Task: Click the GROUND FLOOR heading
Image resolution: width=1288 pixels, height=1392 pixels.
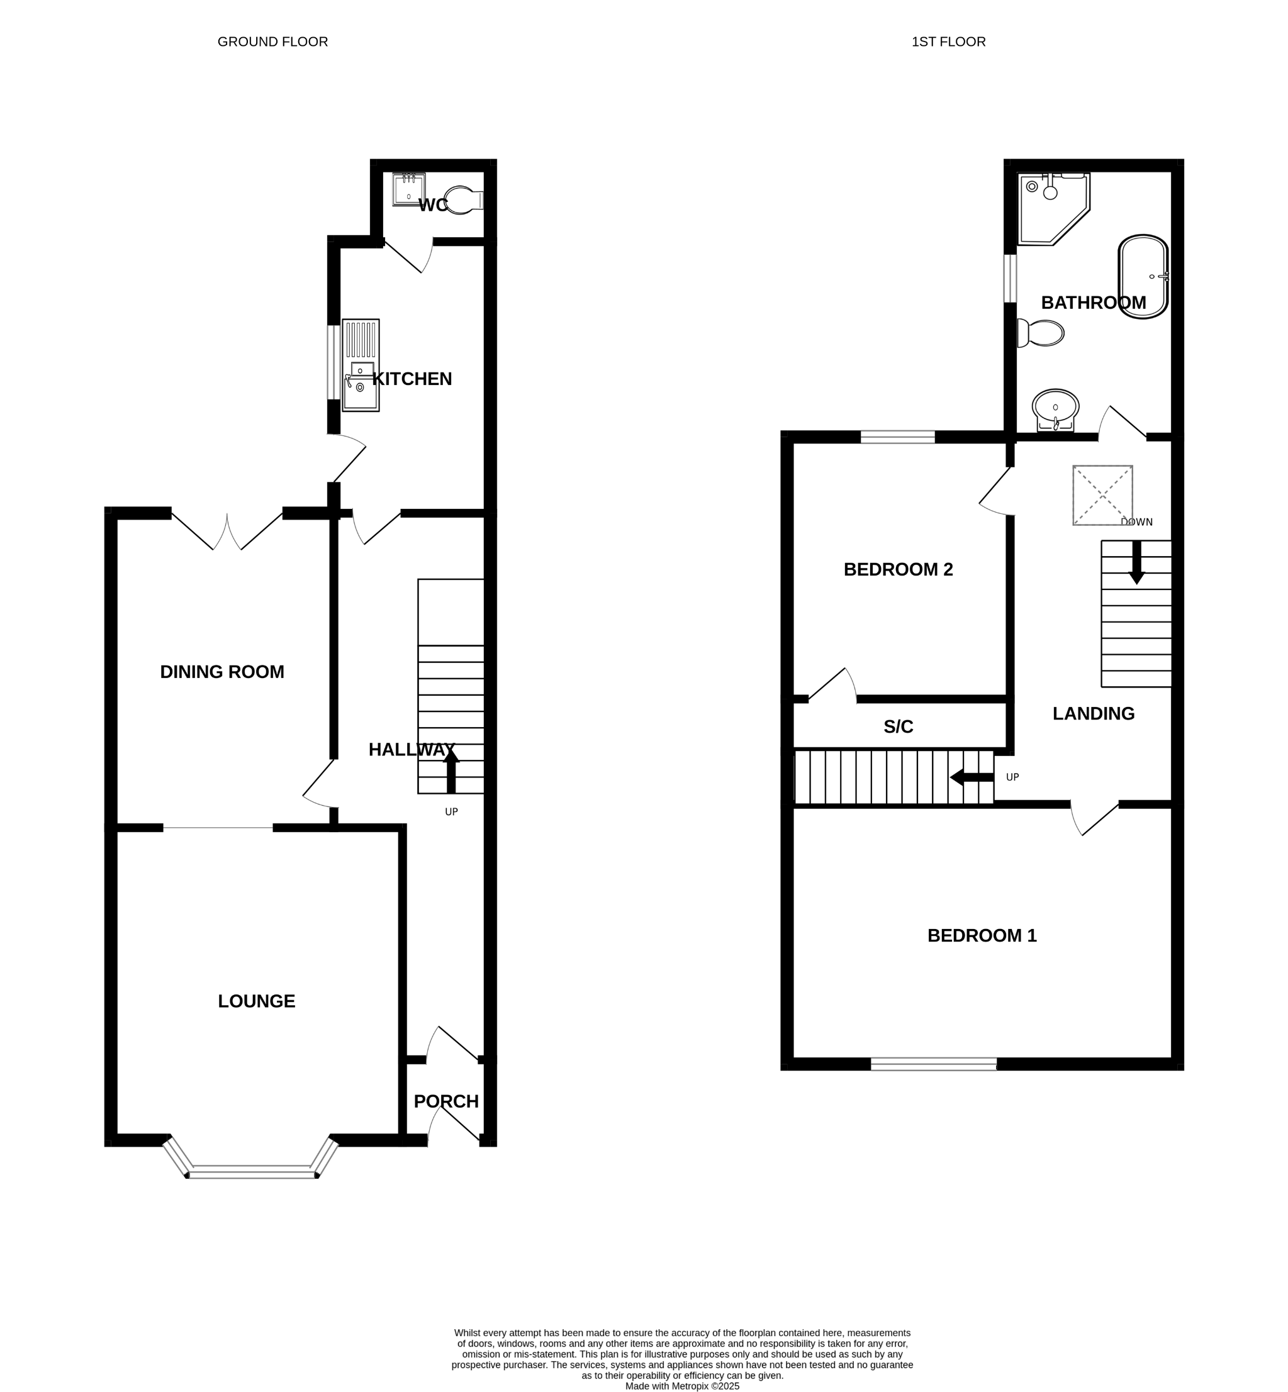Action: coord(272,42)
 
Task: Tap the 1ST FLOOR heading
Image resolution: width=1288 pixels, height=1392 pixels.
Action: coord(949,42)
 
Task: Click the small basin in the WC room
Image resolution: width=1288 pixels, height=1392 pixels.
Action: coord(408,189)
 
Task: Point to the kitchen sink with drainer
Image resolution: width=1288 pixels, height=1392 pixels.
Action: coord(361,365)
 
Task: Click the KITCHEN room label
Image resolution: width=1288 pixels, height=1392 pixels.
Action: coord(412,379)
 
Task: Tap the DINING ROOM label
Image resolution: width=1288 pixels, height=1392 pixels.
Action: coord(222,672)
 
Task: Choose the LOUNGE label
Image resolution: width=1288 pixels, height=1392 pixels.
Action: coord(257,1001)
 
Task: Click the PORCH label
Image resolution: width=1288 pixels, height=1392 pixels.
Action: coord(446,1101)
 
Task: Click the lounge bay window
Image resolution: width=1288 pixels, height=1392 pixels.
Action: coord(252,1159)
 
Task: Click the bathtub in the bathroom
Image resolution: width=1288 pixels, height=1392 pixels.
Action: coord(1143,277)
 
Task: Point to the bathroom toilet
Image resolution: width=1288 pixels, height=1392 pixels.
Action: coord(1041,333)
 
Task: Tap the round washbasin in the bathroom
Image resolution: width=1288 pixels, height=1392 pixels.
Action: coord(1055,409)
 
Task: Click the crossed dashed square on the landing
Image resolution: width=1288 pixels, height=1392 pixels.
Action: coord(1102,496)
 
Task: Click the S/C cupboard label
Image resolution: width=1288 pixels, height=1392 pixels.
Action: coord(899,727)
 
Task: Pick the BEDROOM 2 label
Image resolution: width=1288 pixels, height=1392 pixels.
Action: coord(899,569)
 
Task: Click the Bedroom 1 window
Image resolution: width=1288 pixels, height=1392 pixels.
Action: coord(934,1064)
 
